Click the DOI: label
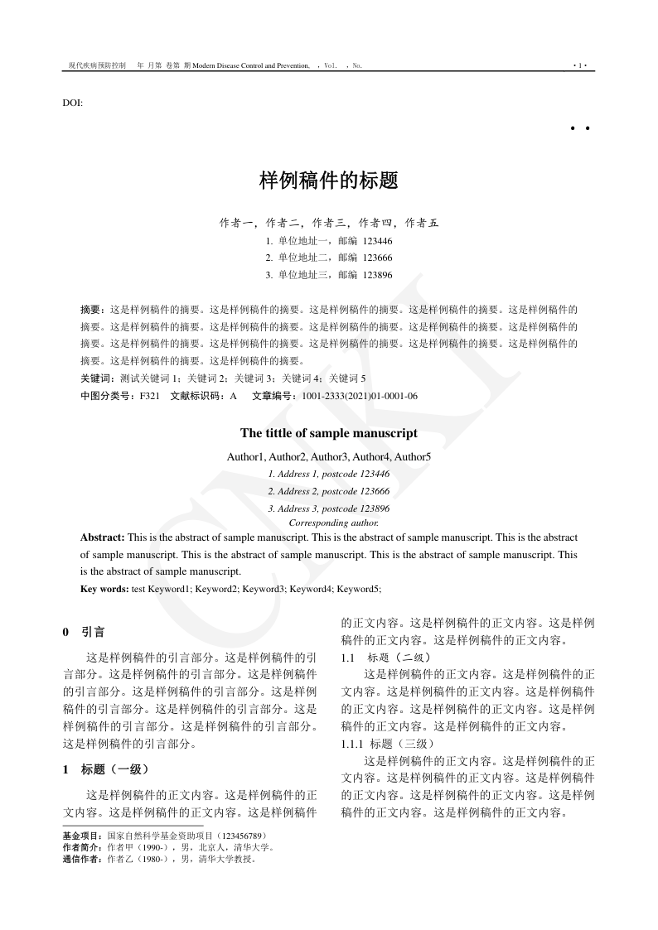click(x=72, y=103)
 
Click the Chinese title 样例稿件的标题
click(x=329, y=181)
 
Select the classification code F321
click(x=149, y=396)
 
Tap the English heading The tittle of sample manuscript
click(x=329, y=433)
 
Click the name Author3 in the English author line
click(x=329, y=457)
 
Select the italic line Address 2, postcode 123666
click(x=329, y=491)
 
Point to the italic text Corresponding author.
click(x=333, y=523)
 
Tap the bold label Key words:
click(x=104, y=589)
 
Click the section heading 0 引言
click(x=85, y=633)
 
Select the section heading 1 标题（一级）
click(x=106, y=769)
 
